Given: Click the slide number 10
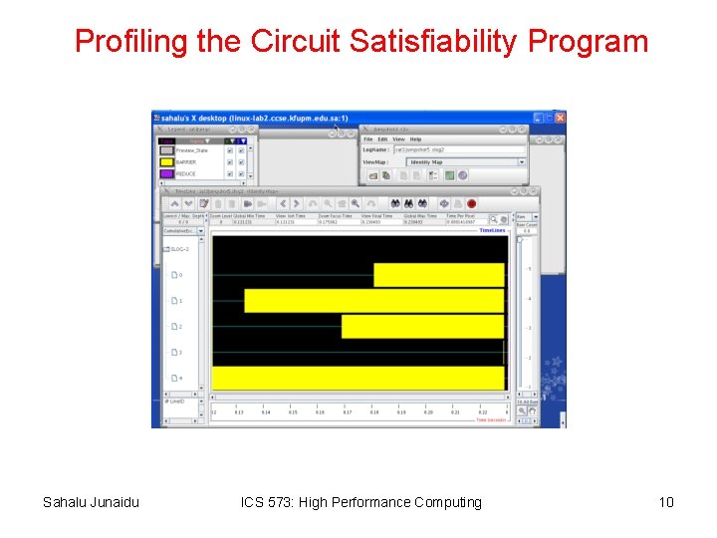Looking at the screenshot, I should (x=665, y=502).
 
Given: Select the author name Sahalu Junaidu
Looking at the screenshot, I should (x=91, y=502).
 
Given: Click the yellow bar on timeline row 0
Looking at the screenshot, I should (x=438, y=275).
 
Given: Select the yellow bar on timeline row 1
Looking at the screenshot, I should (x=373, y=301).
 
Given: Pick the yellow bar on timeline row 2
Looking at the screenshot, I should (x=422, y=327).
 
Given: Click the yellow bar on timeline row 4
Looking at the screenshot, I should (x=358, y=379).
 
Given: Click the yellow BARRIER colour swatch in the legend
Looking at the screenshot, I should (x=166, y=162).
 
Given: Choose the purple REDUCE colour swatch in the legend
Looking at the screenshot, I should (x=166, y=174).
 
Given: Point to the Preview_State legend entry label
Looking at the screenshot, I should (x=193, y=150).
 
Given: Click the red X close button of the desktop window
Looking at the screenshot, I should (x=560, y=118).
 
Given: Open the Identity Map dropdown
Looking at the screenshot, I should (x=465, y=161).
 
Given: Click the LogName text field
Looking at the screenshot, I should (x=458, y=149).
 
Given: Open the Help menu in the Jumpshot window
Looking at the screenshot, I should (x=416, y=139).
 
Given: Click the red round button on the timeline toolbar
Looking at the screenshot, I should (x=471, y=203).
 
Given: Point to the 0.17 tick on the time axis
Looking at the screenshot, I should (x=348, y=411).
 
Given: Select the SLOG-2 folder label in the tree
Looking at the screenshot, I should (x=180, y=249).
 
